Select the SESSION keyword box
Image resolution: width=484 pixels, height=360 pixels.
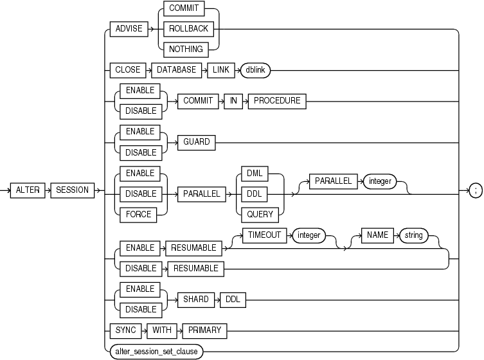(x=72, y=190)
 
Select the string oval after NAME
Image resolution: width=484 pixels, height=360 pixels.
(x=413, y=235)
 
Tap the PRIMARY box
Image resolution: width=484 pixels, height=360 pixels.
(x=204, y=330)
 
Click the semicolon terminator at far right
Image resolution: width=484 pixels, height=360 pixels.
(x=474, y=190)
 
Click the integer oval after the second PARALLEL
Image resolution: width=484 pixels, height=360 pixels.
(x=381, y=181)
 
